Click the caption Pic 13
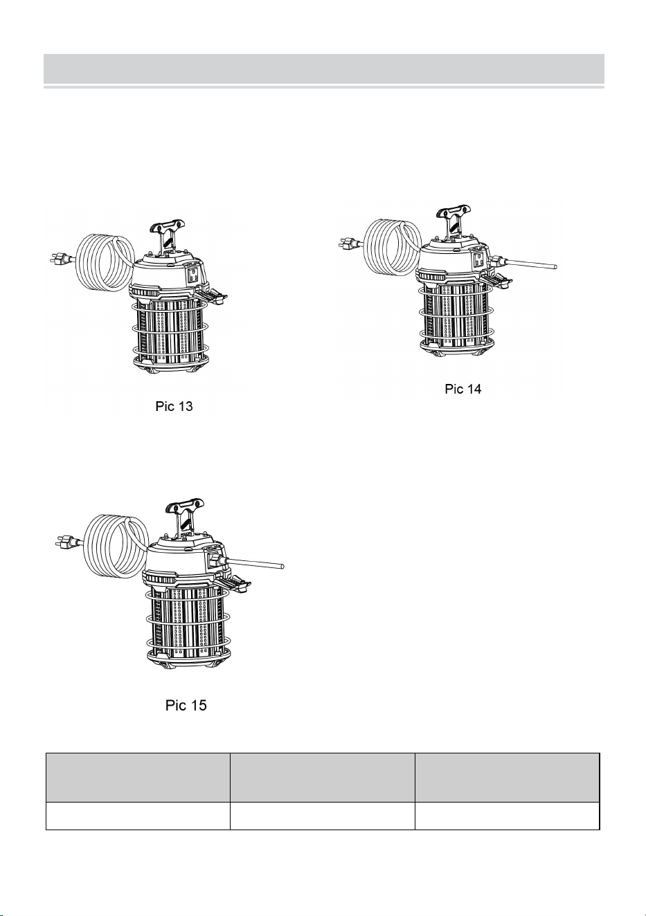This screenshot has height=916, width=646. click(174, 407)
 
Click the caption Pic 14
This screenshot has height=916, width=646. click(463, 389)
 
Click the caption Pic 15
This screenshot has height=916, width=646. click(186, 705)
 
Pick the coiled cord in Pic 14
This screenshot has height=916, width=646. click(392, 247)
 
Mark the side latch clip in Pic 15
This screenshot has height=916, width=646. click(233, 585)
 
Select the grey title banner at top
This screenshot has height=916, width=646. click(324, 68)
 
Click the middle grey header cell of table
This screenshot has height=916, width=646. click(322, 778)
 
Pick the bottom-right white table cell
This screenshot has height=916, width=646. click(507, 816)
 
